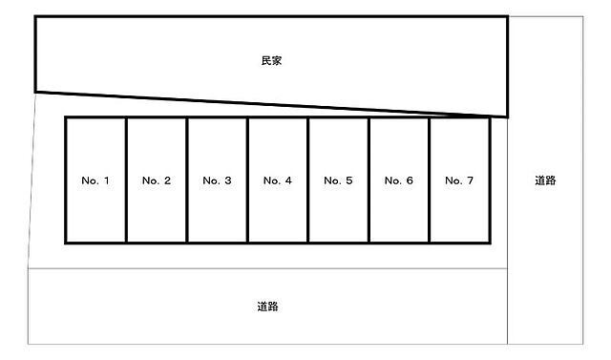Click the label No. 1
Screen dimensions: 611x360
coord(95,180)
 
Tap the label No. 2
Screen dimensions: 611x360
coord(157,180)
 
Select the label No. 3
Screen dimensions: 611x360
coord(217,180)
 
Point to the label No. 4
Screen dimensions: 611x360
coord(278,180)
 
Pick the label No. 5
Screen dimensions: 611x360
coord(338,180)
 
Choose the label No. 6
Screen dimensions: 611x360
coord(399,180)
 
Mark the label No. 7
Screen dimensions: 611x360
coord(459,180)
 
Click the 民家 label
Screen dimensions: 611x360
coord(271,61)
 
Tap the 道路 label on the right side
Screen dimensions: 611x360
coord(545,180)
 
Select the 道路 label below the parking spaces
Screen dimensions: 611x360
coord(267,307)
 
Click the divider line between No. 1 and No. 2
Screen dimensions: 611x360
coord(126,180)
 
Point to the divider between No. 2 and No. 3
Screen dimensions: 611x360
coord(187,180)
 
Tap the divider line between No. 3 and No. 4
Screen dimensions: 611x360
coord(247,180)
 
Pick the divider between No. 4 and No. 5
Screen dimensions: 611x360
coord(307,180)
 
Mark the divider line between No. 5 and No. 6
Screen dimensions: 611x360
coord(369,180)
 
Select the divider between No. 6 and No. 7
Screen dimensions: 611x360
coord(429,180)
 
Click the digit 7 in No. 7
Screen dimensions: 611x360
coord(470,180)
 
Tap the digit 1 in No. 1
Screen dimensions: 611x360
coord(106,180)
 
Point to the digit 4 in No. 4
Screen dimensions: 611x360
coord(288,180)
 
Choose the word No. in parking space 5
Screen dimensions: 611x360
coord(333,180)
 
